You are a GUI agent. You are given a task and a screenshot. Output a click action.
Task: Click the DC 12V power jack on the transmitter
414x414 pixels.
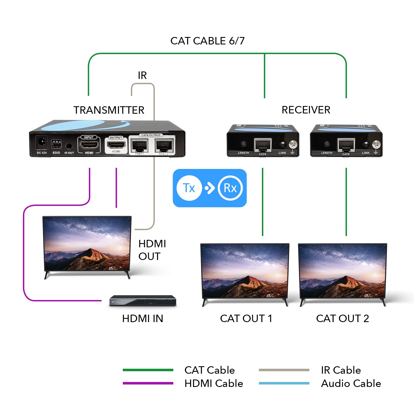(42, 143)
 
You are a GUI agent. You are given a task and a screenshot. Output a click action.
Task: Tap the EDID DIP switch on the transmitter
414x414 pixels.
(56, 144)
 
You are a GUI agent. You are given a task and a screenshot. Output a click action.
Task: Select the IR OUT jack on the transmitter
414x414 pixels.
(69, 146)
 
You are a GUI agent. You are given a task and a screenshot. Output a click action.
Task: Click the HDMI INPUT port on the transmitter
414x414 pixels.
(89, 144)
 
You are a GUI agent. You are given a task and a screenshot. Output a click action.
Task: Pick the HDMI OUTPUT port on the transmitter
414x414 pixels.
(116, 144)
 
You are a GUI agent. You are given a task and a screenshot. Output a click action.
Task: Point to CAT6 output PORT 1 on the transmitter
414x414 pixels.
(140, 145)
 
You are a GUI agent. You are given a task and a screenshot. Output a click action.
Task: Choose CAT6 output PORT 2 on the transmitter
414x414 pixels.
(164, 145)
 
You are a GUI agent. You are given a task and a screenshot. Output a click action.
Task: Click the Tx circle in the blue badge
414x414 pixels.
(189, 188)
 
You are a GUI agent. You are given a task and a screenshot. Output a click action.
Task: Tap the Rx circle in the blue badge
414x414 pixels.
(230, 188)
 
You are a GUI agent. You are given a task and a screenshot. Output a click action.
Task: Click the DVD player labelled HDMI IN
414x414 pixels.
(143, 301)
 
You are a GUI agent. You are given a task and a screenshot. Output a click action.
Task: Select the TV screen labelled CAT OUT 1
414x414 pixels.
(245, 271)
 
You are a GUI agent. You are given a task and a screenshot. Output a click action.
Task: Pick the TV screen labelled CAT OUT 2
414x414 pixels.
(343, 271)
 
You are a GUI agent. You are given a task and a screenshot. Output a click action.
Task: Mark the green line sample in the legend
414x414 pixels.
(148, 370)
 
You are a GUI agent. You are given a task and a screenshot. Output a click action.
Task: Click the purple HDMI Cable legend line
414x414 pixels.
(148, 383)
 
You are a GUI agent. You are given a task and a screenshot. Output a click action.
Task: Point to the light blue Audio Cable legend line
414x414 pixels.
(284, 383)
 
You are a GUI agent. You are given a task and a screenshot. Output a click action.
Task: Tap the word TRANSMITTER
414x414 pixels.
(109, 110)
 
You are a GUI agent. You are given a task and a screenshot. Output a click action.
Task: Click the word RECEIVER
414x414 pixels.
(306, 110)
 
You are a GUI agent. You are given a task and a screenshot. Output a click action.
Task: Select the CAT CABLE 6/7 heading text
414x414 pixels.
(208, 41)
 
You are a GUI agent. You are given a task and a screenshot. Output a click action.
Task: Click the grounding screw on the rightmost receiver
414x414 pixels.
(376, 144)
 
